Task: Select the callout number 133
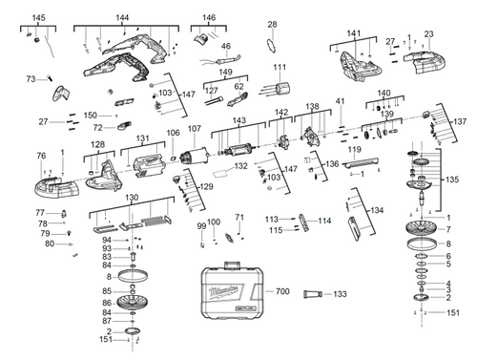pyautogui.click(x=341, y=294)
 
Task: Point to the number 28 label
pyautogui.click(x=272, y=24)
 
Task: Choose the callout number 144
pyautogui.click(x=122, y=18)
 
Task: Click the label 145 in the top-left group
pyautogui.click(x=38, y=18)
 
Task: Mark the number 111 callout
pyautogui.click(x=280, y=68)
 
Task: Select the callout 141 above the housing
pyautogui.click(x=354, y=33)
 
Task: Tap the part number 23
pyautogui.click(x=428, y=33)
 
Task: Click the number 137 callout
pyautogui.click(x=460, y=121)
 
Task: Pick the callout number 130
pyautogui.click(x=132, y=198)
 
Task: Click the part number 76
pyautogui.click(x=40, y=155)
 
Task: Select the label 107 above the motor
pyautogui.click(x=194, y=129)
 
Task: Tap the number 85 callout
pyautogui.click(x=108, y=290)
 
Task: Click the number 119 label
pyautogui.click(x=354, y=150)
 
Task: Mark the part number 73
pyautogui.click(x=31, y=78)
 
